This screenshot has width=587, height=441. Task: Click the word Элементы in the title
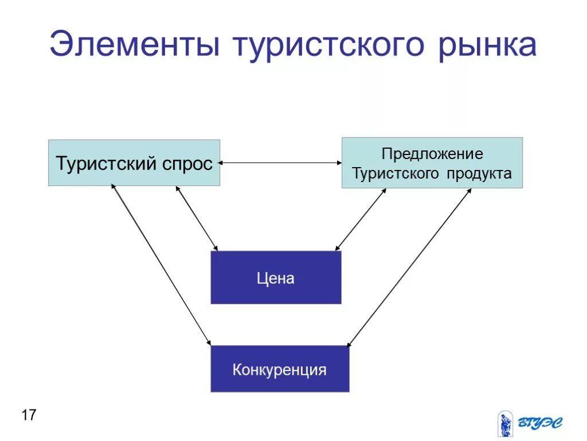(135, 44)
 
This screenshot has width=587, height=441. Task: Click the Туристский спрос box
(134, 163)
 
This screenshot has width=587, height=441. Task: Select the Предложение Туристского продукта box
(432, 163)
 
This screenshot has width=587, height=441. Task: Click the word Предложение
(432, 154)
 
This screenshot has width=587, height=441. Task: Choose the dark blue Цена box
(276, 277)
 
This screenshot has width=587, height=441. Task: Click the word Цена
(276, 278)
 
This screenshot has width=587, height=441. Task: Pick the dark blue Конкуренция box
(280, 369)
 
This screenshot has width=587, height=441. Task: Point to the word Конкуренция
(280, 369)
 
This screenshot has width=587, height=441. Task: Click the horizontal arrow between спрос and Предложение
(281, 163)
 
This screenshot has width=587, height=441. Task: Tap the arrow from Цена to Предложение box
(361, 219)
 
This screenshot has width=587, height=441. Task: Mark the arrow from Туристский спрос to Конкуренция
(161, 264)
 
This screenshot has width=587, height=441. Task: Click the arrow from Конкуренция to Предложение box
(409, 268)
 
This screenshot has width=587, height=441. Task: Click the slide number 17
(29, 415)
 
